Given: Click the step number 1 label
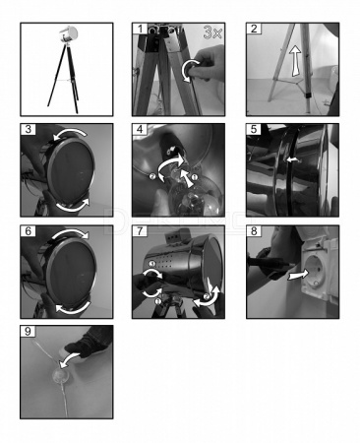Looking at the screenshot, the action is point(140,29).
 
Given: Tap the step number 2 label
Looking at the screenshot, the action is point(254,29).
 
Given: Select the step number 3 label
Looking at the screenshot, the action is point(29,129).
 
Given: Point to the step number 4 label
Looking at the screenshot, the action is point(140,129).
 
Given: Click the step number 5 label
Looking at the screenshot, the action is point(254,129).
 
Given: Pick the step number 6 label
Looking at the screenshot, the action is point(29,231).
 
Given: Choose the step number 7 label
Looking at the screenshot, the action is point(140,231).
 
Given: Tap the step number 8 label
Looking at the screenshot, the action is point(254,231).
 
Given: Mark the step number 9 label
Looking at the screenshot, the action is point(29,331).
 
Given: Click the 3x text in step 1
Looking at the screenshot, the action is point(212,32).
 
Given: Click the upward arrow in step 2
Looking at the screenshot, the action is point(296,61).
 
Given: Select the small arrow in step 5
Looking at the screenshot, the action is point(293,159).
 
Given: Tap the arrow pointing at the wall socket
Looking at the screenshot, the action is point(298,275).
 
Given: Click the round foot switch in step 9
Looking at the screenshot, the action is point(61,375).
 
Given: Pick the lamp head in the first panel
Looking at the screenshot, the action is point(68,32).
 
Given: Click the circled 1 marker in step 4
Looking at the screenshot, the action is point(194,177).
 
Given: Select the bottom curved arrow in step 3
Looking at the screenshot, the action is point(73,206).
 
